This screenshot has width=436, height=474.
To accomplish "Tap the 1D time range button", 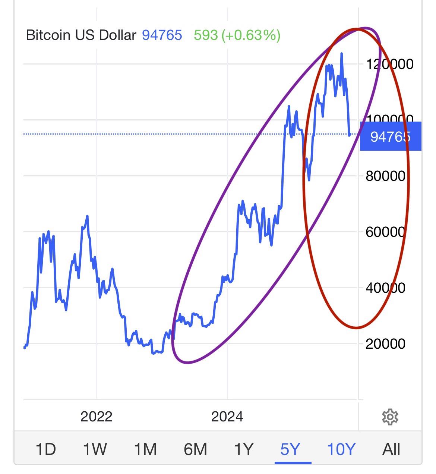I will [45, 449].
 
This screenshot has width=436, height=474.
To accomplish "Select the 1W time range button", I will [95, 449].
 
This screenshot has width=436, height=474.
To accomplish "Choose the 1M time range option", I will [145, 449].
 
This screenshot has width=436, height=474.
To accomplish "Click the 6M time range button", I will [195, 449].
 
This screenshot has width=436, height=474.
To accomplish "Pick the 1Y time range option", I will [244, 449].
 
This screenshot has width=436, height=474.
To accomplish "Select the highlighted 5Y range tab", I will [290, 449].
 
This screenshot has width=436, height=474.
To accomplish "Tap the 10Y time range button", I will [341, 449].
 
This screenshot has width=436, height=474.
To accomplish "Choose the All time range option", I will [391, 449].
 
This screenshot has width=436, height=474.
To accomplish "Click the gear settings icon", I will [390, 417].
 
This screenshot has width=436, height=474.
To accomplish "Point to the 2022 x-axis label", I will [96, 416].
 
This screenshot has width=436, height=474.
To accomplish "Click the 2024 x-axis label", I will [227, 416].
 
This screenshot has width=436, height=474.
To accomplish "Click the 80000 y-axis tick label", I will [385, 176].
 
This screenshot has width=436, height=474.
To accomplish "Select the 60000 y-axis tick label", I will [385, 232].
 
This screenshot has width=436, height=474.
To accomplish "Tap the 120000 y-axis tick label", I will [390, 64].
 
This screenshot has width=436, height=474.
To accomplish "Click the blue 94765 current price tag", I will [390, 136].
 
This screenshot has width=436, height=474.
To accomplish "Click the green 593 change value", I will [206, 35].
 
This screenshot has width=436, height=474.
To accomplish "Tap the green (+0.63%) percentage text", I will [251, 35].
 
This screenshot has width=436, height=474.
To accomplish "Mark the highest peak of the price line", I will [341, 54].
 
